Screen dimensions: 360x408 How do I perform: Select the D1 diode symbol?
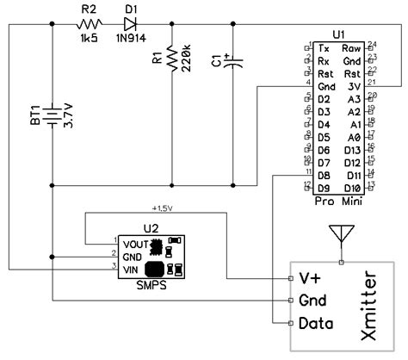[132, 27]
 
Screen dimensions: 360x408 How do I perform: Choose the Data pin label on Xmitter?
[315, 324]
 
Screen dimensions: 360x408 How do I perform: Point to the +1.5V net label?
[163, 208]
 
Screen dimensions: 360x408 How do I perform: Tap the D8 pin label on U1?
[324, 175]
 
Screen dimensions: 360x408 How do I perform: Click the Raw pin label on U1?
[351, 48]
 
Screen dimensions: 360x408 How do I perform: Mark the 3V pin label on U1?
[354, 86]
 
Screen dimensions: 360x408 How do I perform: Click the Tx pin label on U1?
[323, 48]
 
